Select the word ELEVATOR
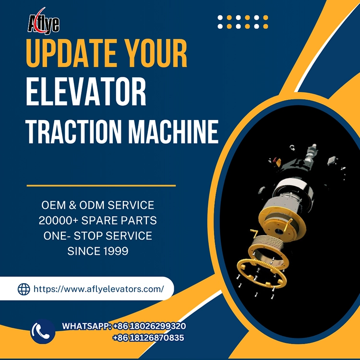pyautogui.click(x=86, y=94)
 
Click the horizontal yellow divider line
pyautogui.click(x=101, y=185)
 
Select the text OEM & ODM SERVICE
pyautogui.click(x=97, y=205)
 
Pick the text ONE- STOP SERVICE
pyautogui.click(x=97, y=236)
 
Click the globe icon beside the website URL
pyautogui.click(x=24, y=289)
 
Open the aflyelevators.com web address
pyautogui.click(x=98, y=289)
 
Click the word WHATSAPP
pyautogui.click(x=86, y=326)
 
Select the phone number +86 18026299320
pyautogui.click(x=149, y=326)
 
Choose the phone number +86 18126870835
pyautogui.click(x=148, y=338)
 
